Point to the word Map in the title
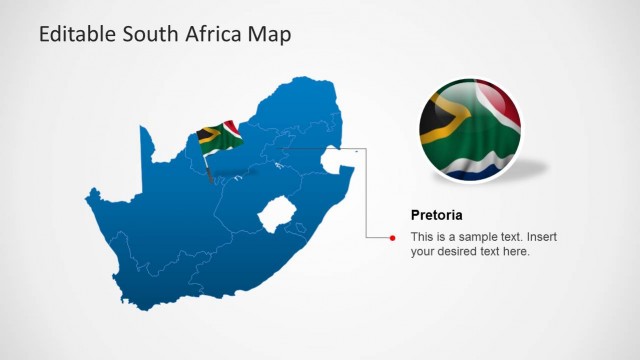coord(270,35)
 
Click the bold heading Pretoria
coord(436,215)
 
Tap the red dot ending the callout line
coord(393,237)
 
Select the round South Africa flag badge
coord(469,131)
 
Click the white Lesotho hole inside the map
coord(274,215)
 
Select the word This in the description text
coord(423,237)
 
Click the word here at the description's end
coord(514,252)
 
